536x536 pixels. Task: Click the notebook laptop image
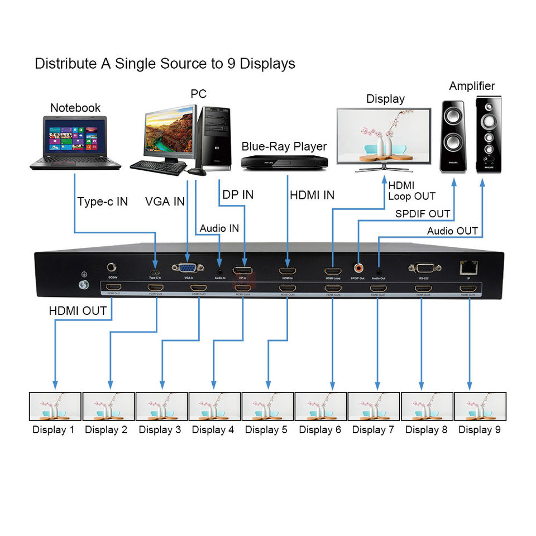tap(75, 143)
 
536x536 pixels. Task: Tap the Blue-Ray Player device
tap(284, 161)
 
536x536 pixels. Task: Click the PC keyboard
tap(159, 167)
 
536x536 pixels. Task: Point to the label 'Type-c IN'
tap(103, 202)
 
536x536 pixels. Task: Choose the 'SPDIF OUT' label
tap(423, 214)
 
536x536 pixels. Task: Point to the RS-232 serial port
tap(424, 268)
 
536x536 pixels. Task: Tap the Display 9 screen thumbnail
tap(480, 406)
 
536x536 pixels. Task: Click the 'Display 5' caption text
tap(266, 430)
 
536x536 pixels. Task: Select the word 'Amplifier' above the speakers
tap(472, 86)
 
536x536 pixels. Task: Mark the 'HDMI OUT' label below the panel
tap(78, 311)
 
